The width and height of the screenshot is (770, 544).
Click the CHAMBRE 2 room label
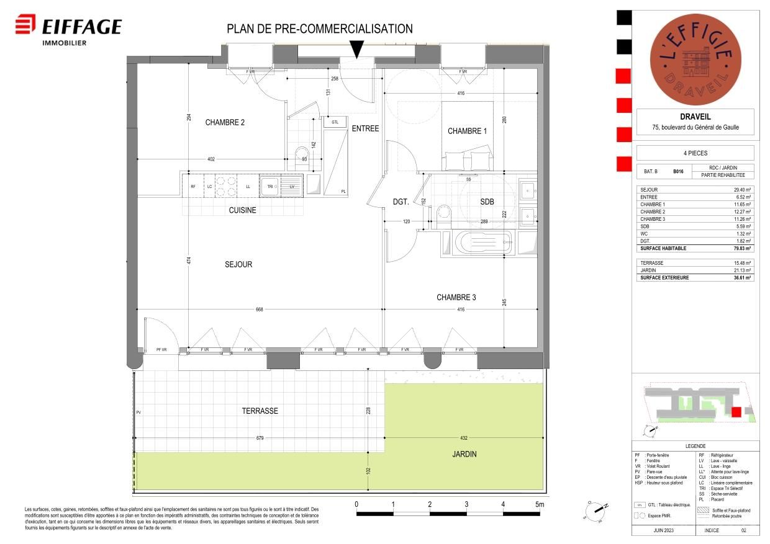(x=225, y=122)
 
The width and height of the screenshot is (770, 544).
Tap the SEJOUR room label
(x=238, y=264)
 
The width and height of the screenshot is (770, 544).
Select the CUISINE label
(x=242, y=210)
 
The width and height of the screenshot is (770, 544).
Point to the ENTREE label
(x=365, y=128)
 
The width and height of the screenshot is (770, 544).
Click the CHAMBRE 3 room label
(x=456, y=298)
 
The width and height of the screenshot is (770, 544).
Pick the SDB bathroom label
(x=487, y=202)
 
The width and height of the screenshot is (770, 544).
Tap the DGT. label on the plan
(x=401, y=202)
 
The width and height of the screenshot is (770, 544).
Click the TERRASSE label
(x=260, y=411)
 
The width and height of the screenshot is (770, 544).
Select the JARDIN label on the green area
(x=464, y=454)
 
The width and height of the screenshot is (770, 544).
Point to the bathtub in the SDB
(x=477, y=243)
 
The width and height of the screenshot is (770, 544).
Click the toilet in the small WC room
(x=302, y=155)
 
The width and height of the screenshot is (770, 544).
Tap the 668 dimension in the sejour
(x=260, y=308)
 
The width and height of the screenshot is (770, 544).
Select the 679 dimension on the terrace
(x=260, y=438)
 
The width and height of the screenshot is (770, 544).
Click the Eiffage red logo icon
(x=25, y=26)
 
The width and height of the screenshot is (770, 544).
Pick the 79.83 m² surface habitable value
(x=743, y=248)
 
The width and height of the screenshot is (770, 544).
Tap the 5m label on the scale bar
(x=540, y=504)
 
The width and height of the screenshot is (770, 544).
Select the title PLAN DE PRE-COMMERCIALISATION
(x=319, y=29)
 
